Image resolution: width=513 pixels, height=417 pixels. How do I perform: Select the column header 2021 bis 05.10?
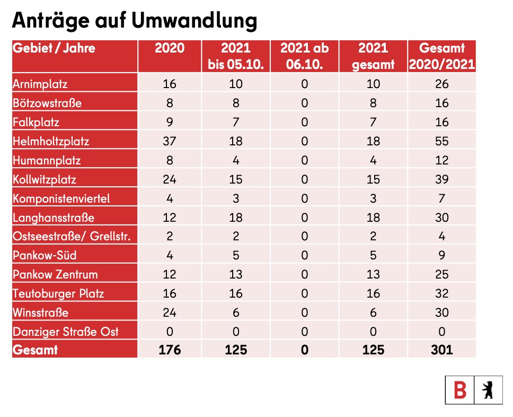[236, 56]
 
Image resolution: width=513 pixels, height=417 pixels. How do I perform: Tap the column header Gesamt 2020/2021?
[441, 56]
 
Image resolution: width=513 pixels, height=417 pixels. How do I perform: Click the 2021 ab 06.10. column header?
[304, 56]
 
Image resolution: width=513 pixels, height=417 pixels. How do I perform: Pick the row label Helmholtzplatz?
[51, 141]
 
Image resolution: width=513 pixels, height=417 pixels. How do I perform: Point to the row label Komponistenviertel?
[61, 198]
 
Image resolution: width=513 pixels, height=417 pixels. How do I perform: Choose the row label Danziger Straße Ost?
[65, 332]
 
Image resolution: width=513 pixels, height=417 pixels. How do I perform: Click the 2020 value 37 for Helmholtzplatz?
[170, 141]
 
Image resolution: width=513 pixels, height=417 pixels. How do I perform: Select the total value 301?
[441, 350]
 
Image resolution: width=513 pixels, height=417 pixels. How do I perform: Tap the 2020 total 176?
[170, 350]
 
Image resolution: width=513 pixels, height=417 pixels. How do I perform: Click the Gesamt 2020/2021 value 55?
[441, 141]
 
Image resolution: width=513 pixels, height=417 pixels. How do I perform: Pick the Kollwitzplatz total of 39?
[441, 179]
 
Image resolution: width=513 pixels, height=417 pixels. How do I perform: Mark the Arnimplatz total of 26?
[441, 84]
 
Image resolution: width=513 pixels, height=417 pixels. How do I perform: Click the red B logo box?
[459, 391]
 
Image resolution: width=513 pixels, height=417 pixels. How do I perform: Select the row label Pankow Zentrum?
[56, 274]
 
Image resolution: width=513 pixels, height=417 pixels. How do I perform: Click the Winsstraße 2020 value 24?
[170, 312]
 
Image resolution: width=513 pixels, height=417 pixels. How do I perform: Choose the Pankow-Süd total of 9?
[441, 255]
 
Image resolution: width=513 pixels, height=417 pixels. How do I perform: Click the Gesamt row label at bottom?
[36, 350]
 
